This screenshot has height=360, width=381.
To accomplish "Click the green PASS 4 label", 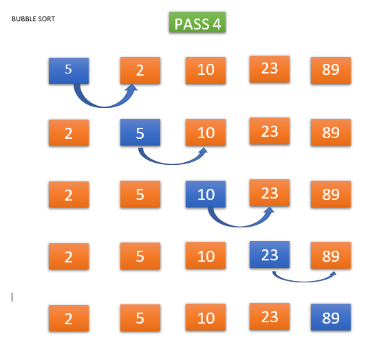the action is pyautogui.click(x=197, y=22).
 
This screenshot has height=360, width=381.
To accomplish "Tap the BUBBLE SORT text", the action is pyautogui.click(x=33, y=19).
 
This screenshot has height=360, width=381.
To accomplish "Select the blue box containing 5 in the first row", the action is pyautogui.click(x=69, y=71).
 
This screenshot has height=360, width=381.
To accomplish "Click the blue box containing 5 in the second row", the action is pyautogui.click(x=140, y=133).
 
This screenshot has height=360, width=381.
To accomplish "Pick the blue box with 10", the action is pyautogui.click(x=206, y=194).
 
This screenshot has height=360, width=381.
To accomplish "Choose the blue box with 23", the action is pyautogui.click(x=270, y=254).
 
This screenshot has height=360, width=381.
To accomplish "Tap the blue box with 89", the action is pyautogui.click(x=331, y=317).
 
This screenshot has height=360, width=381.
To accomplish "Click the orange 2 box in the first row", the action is pyautogui.click(x=140, y=70).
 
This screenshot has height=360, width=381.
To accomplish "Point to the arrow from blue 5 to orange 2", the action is pyautogui.click(x=104, y=106).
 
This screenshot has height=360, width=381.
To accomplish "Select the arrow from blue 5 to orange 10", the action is pyautogui.click(x=173, y=164).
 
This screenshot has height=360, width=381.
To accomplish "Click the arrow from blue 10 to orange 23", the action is pyautogui.click(x=240, y=225).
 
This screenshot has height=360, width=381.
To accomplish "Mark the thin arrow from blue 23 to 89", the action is pyautogui.click(x=304, y=281).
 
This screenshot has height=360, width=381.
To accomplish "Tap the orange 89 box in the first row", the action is pyautogui.click(x=331, y=70).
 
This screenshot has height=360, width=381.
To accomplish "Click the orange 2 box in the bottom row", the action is pyautogui.click(x=69, y=318).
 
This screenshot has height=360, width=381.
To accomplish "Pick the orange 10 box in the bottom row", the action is pyautogui.click(x=206, y=317).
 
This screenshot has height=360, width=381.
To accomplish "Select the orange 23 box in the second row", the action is pyautogui.click(x=270, y=131).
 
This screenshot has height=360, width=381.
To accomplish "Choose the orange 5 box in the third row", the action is pyautogui.click(x=140, y=194).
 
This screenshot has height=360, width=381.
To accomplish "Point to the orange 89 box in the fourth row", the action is pyautogui.click(x=331, y=255).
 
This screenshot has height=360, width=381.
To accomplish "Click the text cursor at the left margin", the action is pyautogui.click(x=12, y=297).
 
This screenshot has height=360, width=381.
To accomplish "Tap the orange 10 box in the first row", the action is pyautogui.click(x=206, y=70).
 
